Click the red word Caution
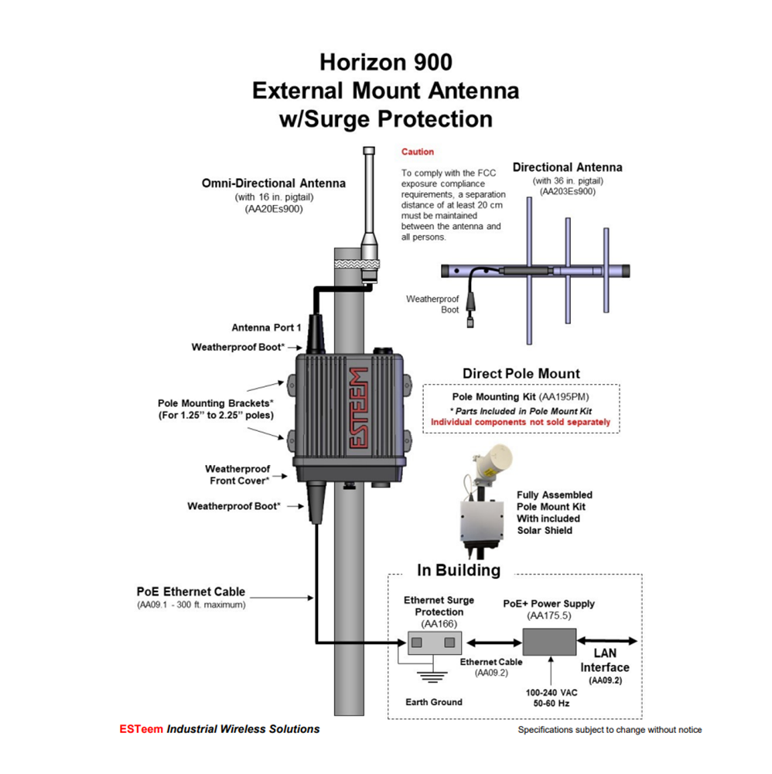(x=417, y=152)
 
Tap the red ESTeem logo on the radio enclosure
(x=359, y=408)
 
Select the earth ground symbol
(x=432, y=676)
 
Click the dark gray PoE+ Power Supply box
(x=549, y=642)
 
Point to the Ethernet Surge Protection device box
(x=435, y=642)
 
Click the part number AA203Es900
(x=568, y=191)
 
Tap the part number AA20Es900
(x=274, y=209)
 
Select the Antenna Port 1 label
(x=266, y=327)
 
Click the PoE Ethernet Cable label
(x=191, y=591)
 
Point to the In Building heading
(x=459, y=570)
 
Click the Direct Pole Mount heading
(x=521, y=374)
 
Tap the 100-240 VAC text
(x=552, y=693)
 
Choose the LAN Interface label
(x=605, y=660)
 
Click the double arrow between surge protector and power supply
(x=494, y=642)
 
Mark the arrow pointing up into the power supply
(x=551, y=670)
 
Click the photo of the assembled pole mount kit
(x=487, y=502)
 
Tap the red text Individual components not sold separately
(x=521, y=422)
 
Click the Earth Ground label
(x=434, y=702)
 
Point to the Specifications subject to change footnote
(x=610, y=730)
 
